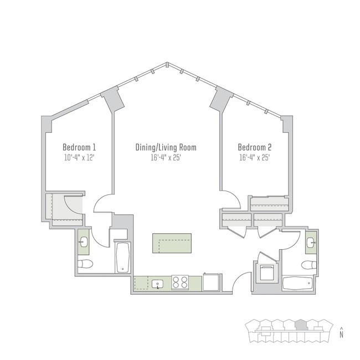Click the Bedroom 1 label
point(79,147)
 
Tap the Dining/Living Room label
point(166,147)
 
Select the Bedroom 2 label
point(255,147)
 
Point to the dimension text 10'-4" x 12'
point(79,157)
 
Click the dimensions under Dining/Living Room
point(166,157)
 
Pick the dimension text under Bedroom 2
point(255,157)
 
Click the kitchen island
point(172,243)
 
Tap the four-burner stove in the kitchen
point(181,282)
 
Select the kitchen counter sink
point(158,284)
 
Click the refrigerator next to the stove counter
point(212,282)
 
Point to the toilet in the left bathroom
point(85,264)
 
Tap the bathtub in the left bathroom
point(122,258)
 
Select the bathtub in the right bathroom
point(299,284)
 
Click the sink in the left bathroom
point(83,241)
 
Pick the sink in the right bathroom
point(311,242)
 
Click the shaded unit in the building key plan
point(301,323)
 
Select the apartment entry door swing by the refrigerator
point(236,285)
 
